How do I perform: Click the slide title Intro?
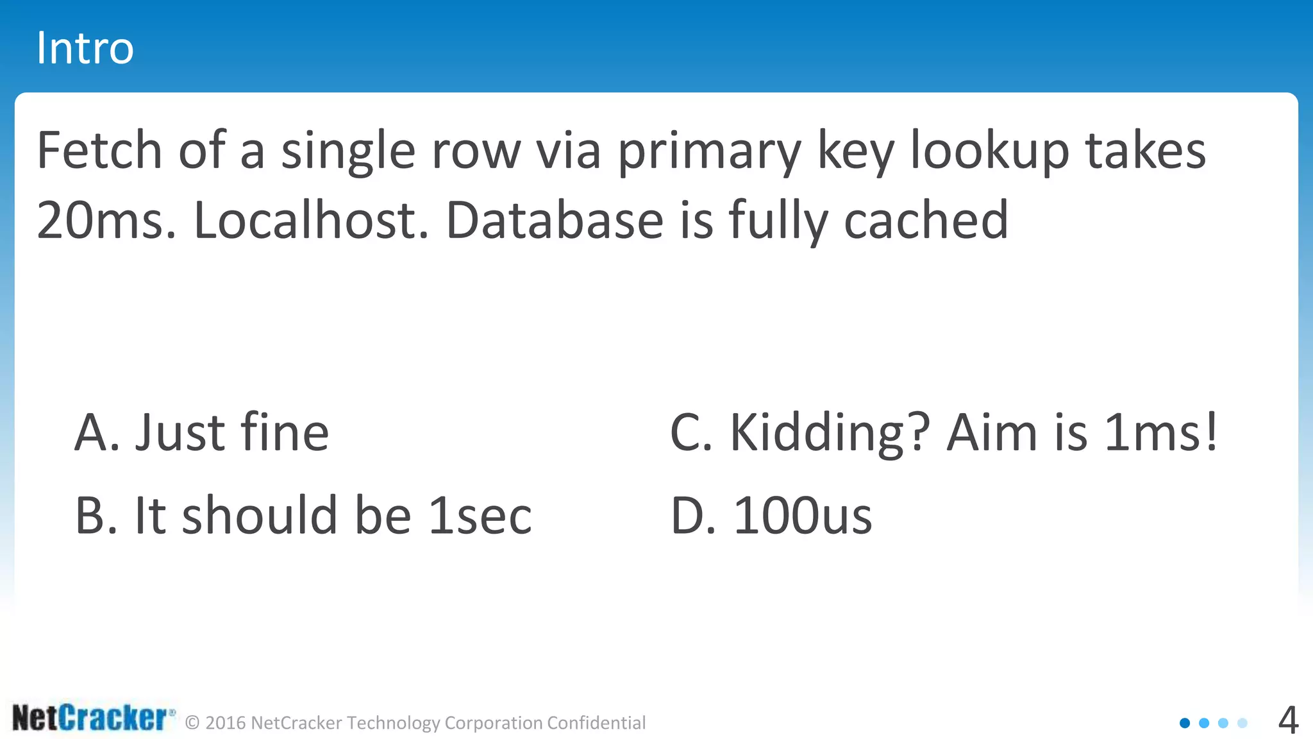pyautogui.click(x=85, y=48)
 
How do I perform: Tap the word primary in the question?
pyautogui.click(x=709, y=151)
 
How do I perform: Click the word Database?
pyautogui.click(x=555, y=220)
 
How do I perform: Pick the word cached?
pyautogui.click(x=926, y=220)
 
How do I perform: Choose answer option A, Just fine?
pyautogui.click(x=202, y=432)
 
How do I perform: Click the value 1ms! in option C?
pyautogui.click(x=1161, y=432)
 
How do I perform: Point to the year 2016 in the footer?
pyautogui.click(x=226, y=723)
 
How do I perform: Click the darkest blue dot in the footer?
pyautogui.click(x=1185, y=723)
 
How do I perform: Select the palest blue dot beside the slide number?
pyautogui.click(x=1242, y=723)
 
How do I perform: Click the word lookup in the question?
pyautogui.click(x=990, y=151)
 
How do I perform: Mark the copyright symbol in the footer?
pyautogui.click(x=192, y=723)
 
